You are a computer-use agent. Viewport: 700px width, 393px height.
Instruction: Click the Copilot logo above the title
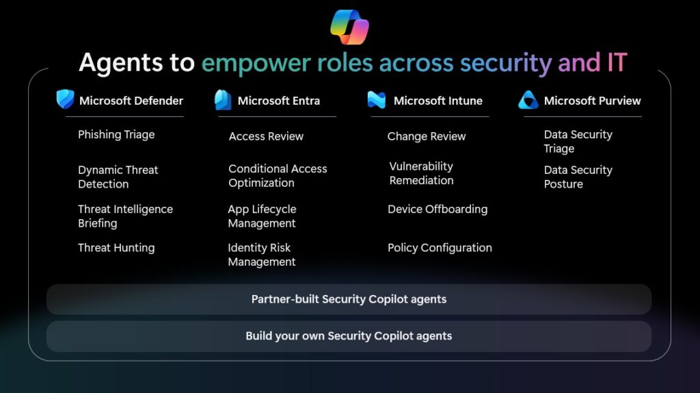coord(349,27)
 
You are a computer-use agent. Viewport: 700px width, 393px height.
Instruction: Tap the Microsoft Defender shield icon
coord(66,100)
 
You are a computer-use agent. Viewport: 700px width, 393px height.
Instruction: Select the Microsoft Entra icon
coord(223,100)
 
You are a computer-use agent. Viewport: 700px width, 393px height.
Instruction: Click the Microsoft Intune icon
coord(377,100)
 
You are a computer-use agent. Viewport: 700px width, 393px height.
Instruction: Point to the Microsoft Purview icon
coord(528,100)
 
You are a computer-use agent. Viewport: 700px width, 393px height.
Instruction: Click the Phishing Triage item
coord(116,134)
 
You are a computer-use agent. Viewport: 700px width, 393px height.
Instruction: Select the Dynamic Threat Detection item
coord(118,177)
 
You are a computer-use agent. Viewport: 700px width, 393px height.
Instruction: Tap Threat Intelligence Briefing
coord(125,216)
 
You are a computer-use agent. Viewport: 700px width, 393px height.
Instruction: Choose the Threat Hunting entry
coord(116,248)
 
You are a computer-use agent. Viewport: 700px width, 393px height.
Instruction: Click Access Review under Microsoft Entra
coord(266,136)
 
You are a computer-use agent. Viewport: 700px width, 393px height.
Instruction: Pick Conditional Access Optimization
coord(278,175)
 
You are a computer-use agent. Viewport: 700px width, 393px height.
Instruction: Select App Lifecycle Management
coord(262,216)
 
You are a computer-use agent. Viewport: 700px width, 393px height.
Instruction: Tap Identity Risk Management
coord(261,255)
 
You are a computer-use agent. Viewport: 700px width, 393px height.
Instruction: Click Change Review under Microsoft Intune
coord(427,136)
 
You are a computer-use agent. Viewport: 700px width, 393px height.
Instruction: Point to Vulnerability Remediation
coord(421,173)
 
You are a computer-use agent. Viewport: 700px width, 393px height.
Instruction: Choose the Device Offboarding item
coord(437,209)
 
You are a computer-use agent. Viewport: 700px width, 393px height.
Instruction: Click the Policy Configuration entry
coord(440,248)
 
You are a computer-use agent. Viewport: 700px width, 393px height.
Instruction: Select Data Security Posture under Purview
coord(578,177)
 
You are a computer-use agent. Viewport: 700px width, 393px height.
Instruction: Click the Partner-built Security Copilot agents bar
coord(349,299)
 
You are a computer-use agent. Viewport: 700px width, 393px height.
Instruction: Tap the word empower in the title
coord(256,63)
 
